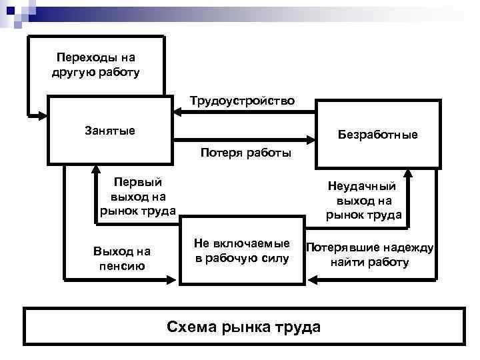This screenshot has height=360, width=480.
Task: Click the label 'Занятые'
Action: click(x=109, y=131)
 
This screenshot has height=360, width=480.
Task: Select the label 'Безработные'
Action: click(x=377, y=135)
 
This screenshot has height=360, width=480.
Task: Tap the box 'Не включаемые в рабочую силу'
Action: click(x=242, y=251)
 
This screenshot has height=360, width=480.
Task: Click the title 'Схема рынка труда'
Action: click(x=243, y=327)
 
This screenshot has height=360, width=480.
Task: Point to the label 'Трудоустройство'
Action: click(x=241, y=101)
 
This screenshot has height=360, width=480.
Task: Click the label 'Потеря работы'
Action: click(x=245, y=153)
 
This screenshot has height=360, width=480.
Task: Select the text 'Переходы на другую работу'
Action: click(x=95, y=65)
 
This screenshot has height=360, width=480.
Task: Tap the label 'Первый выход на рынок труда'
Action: click(x=138, y=196)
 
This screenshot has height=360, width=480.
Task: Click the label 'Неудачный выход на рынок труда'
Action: click(x=364, y=201)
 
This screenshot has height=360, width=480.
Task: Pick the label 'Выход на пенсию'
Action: click(x=122, y=259)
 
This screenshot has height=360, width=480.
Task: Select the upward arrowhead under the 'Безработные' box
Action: click(x=409, y=173)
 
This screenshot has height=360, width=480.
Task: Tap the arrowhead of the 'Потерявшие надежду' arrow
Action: click(x=311, y=279)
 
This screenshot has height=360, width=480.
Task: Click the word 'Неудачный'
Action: click(x=364, y=187)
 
